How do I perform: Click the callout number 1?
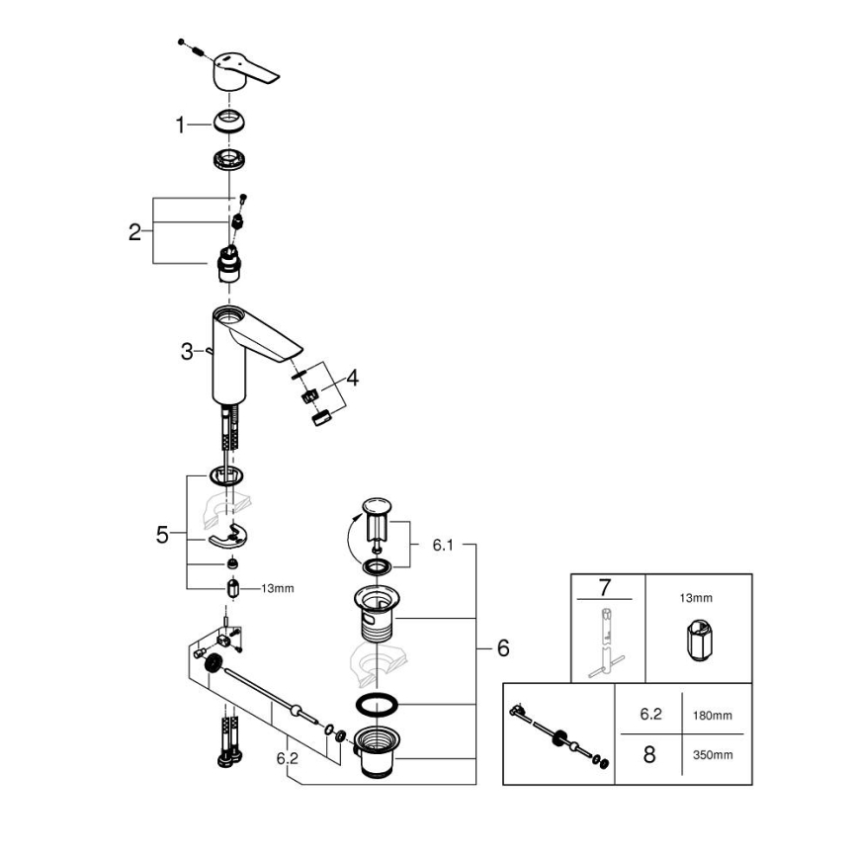[x=180, y=125]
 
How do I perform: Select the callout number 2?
[x=134, y=233]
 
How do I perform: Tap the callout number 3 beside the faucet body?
[x=186, y=352]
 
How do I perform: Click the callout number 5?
[x=163, y=535]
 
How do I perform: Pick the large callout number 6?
[x=502, y=648]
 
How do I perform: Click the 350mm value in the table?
[x=713, y=755]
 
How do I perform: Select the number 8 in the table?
[x=648, y=755]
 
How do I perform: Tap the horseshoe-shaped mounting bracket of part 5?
[x=231, y=538]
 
